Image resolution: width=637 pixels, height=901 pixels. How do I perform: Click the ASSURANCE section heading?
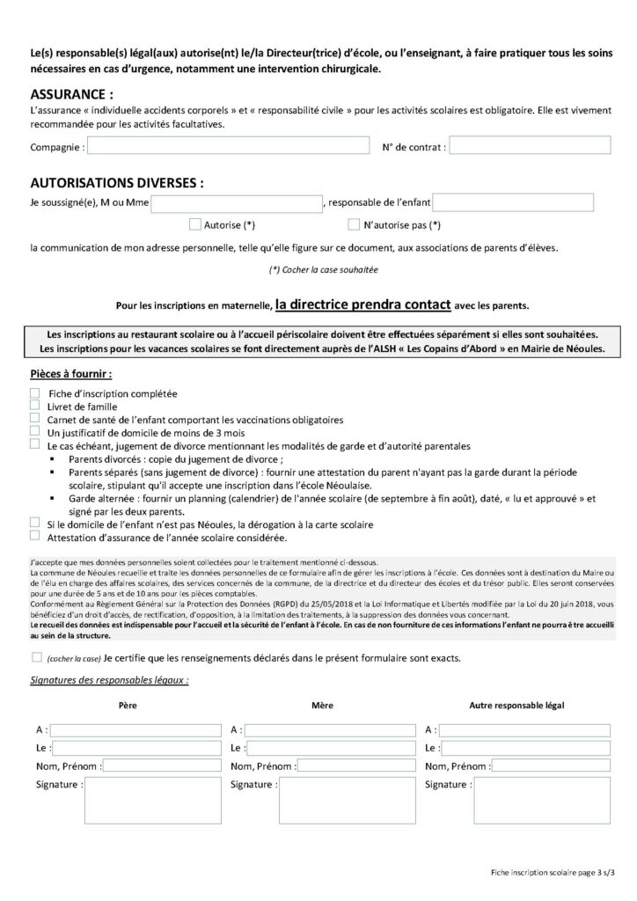(71, 94)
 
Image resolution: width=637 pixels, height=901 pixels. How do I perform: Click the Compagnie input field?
(229, 147)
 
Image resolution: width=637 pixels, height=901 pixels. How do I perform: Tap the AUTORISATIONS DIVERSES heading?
(116, 184)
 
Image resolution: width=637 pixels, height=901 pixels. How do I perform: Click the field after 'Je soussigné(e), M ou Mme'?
(237, 204)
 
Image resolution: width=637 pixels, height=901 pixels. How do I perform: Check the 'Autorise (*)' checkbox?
(195, 224)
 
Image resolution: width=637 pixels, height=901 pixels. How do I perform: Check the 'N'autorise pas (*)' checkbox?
(354, 224)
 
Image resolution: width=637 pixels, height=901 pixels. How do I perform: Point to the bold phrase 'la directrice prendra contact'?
(363, 305)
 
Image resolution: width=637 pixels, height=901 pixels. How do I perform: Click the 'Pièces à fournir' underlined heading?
(70, 374)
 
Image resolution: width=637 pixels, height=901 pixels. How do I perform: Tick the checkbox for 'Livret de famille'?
(34, 407)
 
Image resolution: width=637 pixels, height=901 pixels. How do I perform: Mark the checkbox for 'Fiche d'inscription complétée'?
(34, 393)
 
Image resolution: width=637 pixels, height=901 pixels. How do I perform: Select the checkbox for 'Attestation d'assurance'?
(34, 537)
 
